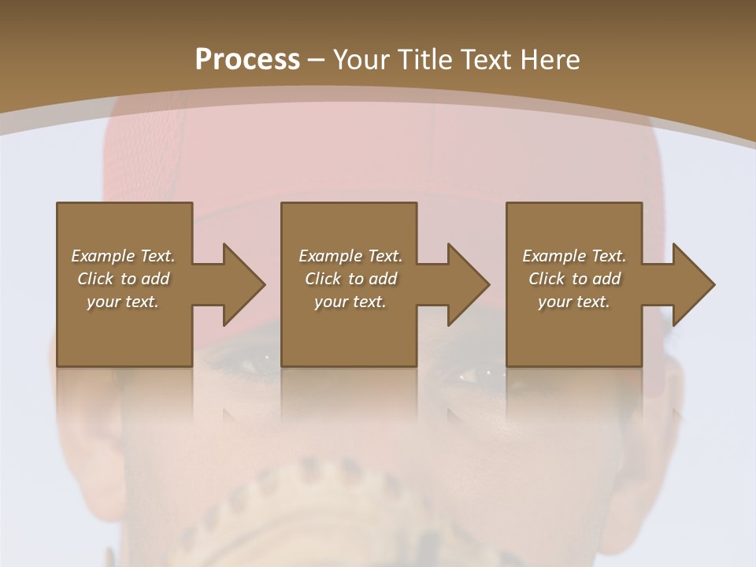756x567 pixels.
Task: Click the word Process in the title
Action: point(247,60)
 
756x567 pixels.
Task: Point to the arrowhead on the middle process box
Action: point(468,284)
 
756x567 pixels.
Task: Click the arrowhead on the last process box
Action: point(693,284)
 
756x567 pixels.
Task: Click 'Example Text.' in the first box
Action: point(123,256)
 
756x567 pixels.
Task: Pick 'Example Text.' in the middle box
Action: point(350,256)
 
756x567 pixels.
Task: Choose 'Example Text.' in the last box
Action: point(574,256)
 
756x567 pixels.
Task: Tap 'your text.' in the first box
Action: point(123,302)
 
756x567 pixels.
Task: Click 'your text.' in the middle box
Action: point(350,302)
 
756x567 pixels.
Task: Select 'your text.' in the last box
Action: point(574,302)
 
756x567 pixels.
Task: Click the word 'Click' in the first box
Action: point(95,279)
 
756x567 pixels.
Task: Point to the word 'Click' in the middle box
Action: point(323,279)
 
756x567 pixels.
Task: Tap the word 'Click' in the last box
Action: point(547,279)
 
